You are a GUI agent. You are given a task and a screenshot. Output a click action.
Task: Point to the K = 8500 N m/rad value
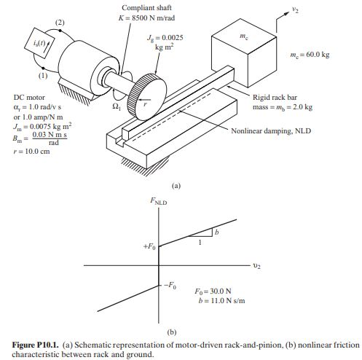[130, 18]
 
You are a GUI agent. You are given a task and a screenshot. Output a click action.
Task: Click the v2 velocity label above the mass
[294, 9]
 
